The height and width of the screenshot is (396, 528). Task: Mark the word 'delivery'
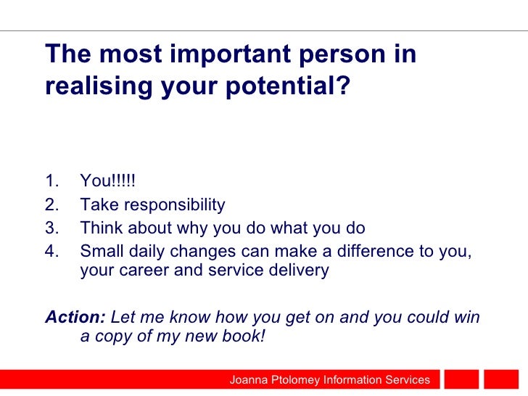pos(300,271)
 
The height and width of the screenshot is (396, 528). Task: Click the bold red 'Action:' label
pos(75,317)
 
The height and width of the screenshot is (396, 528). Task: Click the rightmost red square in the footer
pos(501,380)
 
